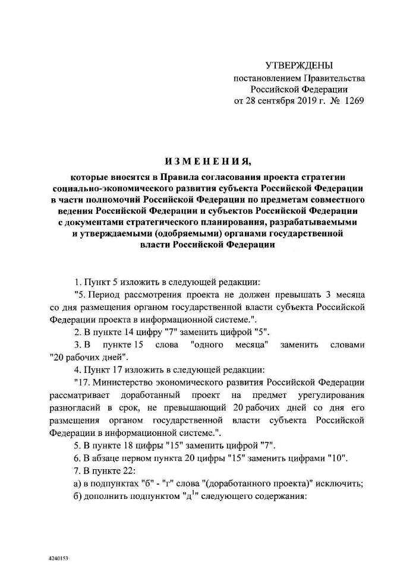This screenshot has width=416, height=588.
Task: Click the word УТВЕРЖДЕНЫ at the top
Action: (x=299, y=65)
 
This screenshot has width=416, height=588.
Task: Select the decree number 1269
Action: (x=351, y=100)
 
